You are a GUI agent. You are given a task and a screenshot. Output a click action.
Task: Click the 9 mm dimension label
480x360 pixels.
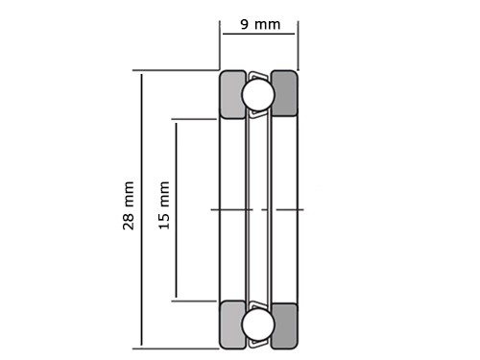point(260,25)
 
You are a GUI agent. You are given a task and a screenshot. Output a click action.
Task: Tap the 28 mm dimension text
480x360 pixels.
point(129,205)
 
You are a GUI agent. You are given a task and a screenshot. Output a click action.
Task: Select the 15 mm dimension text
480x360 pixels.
point(164,205)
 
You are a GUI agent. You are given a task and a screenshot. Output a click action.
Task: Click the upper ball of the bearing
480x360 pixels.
point(258,94)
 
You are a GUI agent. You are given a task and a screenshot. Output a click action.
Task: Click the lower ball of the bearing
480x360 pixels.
point(258,324)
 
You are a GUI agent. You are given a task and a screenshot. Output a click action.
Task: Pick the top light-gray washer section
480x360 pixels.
point(231,94)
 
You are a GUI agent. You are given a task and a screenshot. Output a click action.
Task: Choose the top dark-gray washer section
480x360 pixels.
point(284,93)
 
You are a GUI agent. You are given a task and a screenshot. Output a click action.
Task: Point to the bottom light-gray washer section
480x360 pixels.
point(231,324)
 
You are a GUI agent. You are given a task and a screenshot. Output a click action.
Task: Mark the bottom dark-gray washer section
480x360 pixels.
point(284,325)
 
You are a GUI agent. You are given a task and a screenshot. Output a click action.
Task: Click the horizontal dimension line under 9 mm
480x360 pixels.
point(258,34)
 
